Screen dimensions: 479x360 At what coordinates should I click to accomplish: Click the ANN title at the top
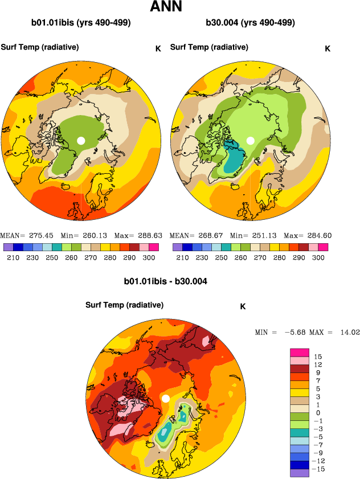[166, 7]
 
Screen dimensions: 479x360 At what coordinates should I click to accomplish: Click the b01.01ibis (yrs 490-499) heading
[81, 23]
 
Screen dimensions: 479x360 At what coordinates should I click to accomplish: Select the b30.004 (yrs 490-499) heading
[250, 23]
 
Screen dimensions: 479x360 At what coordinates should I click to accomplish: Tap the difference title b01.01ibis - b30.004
[165, 281]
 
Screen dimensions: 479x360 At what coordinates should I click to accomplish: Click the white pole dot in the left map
[81, 140]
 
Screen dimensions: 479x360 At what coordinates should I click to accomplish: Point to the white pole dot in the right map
[250, 140]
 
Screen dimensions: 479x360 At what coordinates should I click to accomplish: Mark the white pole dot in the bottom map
[166, 399]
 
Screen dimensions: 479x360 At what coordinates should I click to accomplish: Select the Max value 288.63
[150, 235]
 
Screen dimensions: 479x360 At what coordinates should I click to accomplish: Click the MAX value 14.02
[349, 331]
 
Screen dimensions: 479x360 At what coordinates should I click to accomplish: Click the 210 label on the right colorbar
[182, 258]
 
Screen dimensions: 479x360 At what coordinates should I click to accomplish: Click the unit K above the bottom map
[243, 306]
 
